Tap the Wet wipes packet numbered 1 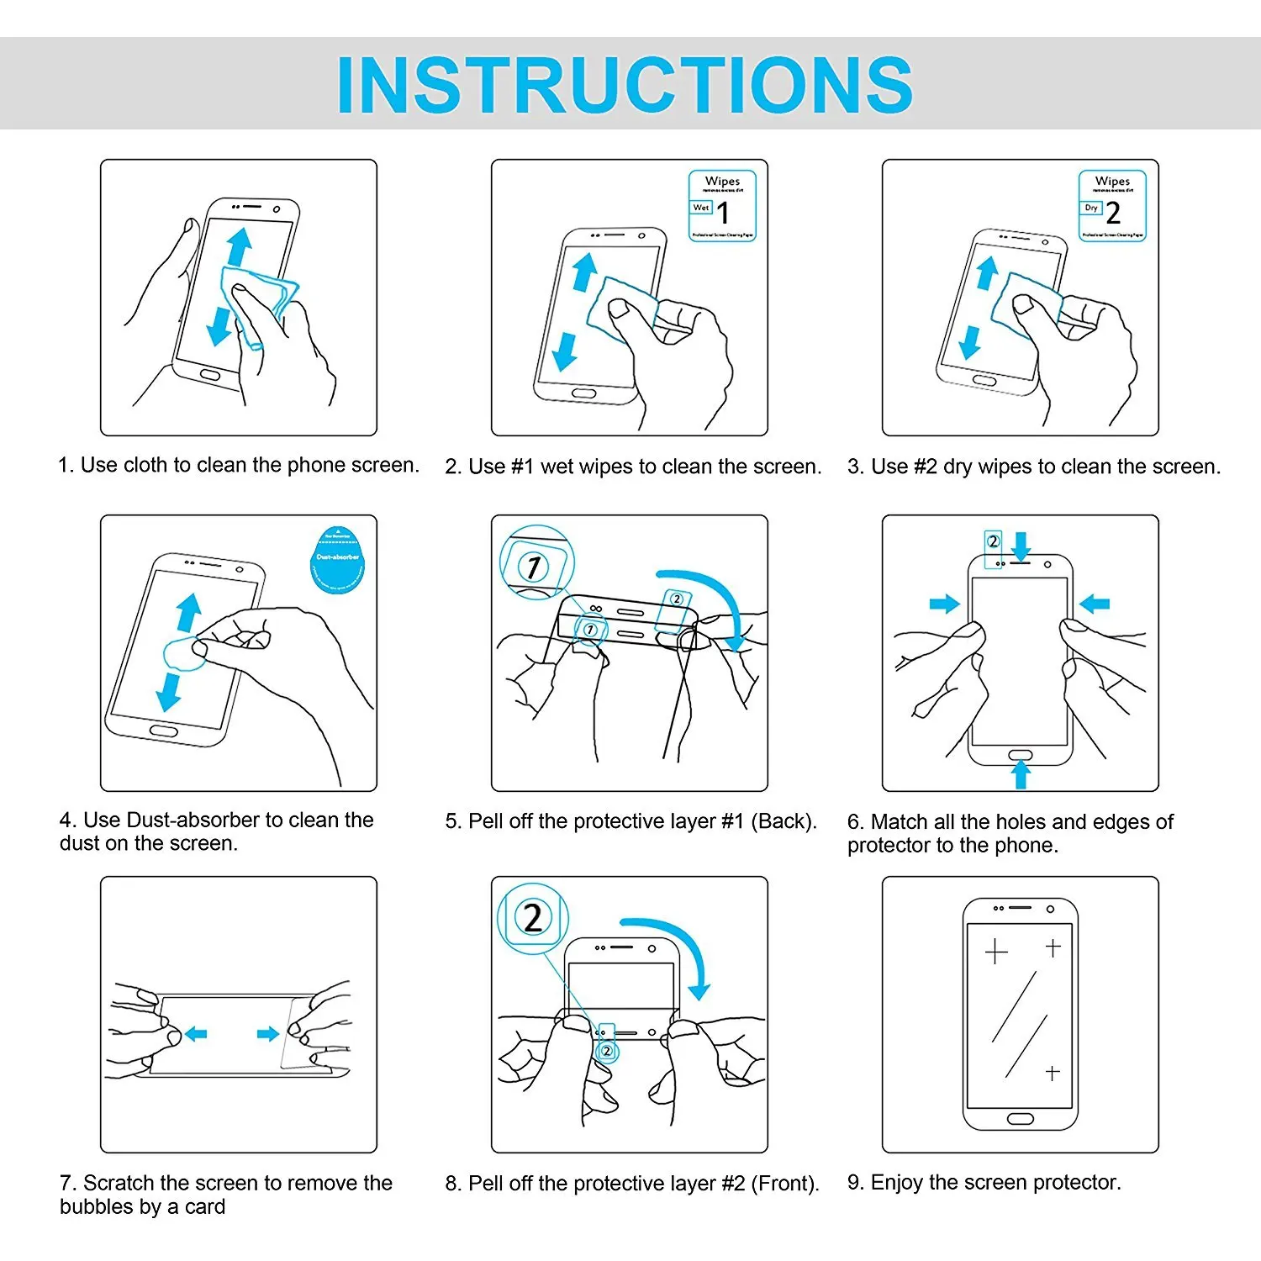(x=722, y=206)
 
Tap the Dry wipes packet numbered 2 (x=1112, y=206)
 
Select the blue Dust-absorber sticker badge (x=338, y=560)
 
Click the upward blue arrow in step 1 (x=240, y=247)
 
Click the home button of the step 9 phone (x=1020, y=1119)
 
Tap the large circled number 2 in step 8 (x=533, y=918)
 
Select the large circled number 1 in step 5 (x=534, y=566)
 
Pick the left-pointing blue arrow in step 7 (x=196, y=1033)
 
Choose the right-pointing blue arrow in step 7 (x=268, y=1033)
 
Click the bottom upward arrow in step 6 (x=1021, y=773)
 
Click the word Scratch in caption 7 (x=119, y=1183)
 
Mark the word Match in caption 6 (x=899, y=821)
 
